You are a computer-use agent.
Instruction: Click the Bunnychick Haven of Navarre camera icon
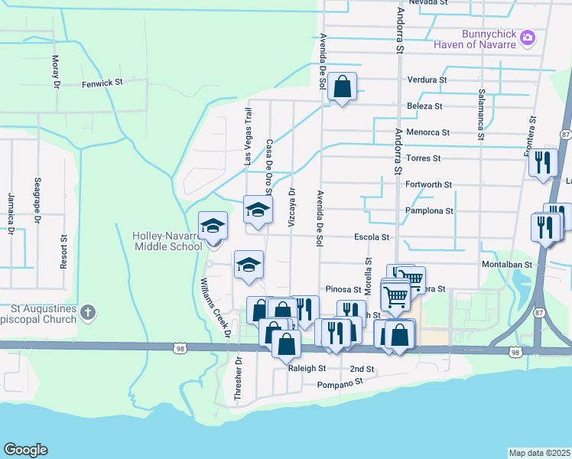[528, 37]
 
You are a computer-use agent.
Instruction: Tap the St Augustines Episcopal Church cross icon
[89, 312]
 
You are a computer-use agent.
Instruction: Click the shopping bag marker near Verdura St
[343, 86]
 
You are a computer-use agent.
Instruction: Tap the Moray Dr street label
[55, 72]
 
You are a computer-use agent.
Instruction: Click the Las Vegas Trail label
[247, 137]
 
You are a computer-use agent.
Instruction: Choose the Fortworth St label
[428, 184]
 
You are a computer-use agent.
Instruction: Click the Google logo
[25, 450]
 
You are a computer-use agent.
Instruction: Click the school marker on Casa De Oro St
[258, 210]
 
